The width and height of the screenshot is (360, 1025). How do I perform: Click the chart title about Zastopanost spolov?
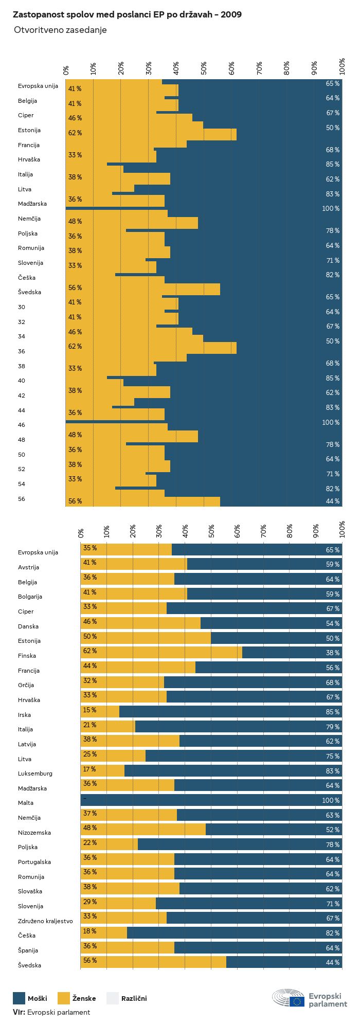(x=127, y=15)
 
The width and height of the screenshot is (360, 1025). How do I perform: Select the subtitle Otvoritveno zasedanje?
(x=60, y=30)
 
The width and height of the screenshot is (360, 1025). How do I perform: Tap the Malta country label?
(x=26, y=803)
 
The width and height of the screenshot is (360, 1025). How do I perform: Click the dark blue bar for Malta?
(x=211, y=800)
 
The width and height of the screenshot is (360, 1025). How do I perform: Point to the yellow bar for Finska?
(x=161, y=653)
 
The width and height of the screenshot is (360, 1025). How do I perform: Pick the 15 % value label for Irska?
(x=90, y=710)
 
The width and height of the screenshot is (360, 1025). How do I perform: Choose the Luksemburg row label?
(x=35, y=774)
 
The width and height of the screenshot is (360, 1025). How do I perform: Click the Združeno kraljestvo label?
(x=45, y=921)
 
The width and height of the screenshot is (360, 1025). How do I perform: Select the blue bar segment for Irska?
(x=230, y=712)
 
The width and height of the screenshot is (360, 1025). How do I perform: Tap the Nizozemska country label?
(x=34, y=833)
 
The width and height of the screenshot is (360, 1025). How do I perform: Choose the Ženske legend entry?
(x=77, y=999)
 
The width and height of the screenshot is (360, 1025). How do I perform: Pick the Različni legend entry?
(x=127, y=999)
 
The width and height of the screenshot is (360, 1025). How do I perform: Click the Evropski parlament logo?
(x=310, y=998)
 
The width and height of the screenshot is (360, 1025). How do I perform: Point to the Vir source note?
(x=51, y=1012)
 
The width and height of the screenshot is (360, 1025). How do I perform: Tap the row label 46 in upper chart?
(x=22, y=425)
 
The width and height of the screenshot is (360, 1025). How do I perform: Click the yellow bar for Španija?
(x=128, y=948)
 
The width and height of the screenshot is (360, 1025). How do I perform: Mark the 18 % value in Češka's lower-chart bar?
(x=90, y=931)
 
